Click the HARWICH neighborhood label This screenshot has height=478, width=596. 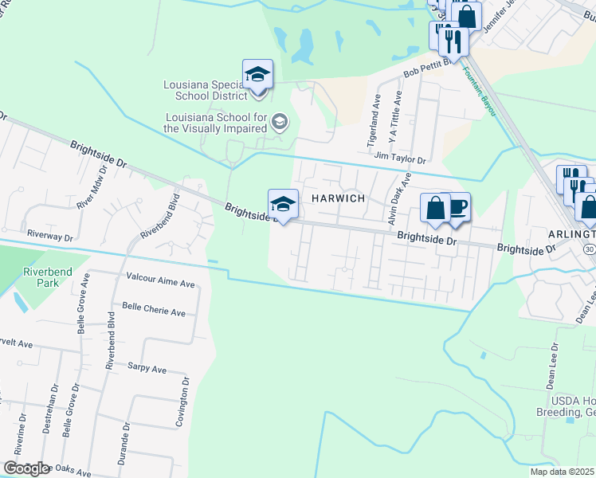pyautogui.click(x=338, y=198)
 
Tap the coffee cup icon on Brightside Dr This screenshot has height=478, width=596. pyautogui.click(x=457, y=207)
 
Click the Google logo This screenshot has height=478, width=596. pyautogui.click(x=26, y=468)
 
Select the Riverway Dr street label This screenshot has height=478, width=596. pyautogui.click(x=49, y=237)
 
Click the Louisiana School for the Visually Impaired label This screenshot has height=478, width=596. pyautogui.click(x=215, y=122)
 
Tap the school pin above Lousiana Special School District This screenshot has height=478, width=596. pyautogui.click(x=257, y=75)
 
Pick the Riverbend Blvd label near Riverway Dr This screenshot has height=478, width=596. pyautogui.click(x=160, y=216)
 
